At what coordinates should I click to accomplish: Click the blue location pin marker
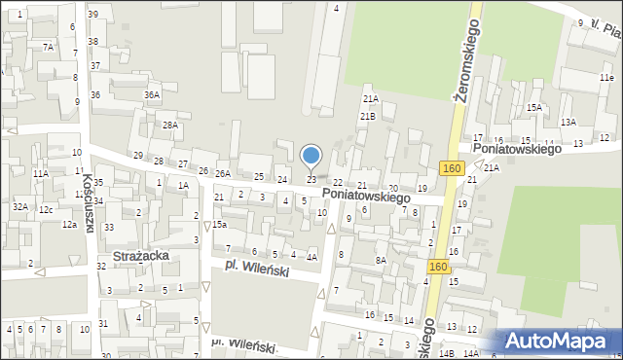[x=311, y=156]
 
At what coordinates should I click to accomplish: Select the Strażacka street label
[x=142, y=255]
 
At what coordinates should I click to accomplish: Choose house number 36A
[x=151, y=94]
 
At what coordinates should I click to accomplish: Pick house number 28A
[x=170, y=125]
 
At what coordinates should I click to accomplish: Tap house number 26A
[x=223, y=173]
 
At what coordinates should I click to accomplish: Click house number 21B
[x=367, y=116]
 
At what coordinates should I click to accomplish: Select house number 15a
[x=220, y=225]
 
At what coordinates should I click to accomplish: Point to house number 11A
[x=40, y=173]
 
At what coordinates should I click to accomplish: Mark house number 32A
[x=19, y=206]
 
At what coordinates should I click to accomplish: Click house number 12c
[x=46, y=209]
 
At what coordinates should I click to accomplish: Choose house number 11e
[x=606, y=77]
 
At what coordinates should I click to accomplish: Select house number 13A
[x=568, y=122]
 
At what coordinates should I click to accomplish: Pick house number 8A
[x=382, y=260]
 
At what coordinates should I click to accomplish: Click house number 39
[x=92, y=15]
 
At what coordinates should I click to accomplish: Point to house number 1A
[x=182, y=184]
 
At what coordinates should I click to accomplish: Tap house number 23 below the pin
[x=311, y=180]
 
